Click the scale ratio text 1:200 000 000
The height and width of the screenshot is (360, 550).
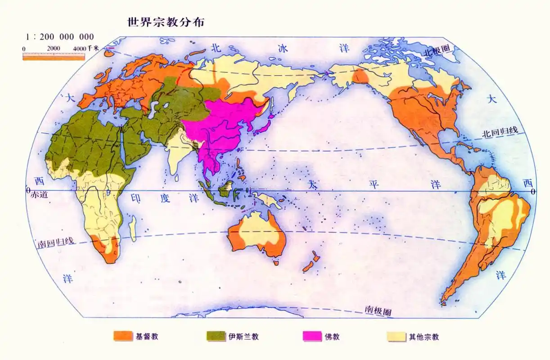60,37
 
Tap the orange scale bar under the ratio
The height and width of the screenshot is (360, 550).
54,57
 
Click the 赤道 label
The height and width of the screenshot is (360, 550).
40,195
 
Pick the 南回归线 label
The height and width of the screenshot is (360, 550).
55,242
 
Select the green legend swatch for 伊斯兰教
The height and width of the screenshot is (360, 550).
216,336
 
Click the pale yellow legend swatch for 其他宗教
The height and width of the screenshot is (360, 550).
397,336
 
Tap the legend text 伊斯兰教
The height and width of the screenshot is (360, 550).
243,337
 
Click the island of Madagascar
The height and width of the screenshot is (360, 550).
133,228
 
